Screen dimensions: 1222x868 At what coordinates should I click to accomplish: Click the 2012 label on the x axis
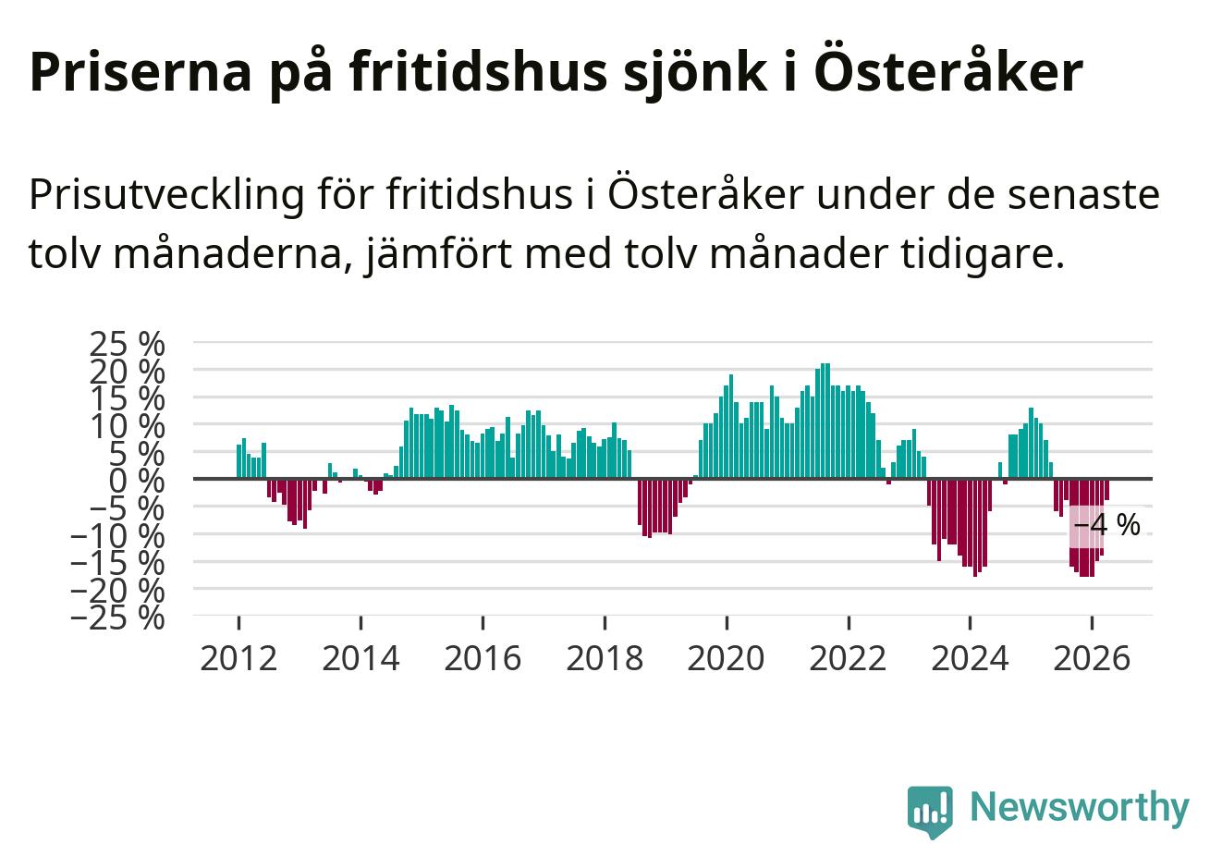point(238,658)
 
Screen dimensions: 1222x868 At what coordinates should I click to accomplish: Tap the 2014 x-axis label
point(360,658)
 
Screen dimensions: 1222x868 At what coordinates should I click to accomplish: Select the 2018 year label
point(605,658)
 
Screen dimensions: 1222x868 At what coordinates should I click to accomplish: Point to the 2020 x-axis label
point(727,658)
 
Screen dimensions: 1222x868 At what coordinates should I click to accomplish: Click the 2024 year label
point(970,658)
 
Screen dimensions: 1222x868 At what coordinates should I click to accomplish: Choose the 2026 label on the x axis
point(1092,658)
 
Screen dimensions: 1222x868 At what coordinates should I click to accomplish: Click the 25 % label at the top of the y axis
point(128,344)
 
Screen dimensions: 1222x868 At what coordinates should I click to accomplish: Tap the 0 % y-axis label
point(137,481)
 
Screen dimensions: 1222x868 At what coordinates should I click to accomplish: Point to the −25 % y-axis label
point(117,618)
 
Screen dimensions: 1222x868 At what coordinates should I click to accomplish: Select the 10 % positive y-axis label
point(128,427)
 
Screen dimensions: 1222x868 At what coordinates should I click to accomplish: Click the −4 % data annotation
point(1106,525)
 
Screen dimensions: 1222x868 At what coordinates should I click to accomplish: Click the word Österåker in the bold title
point(948,72)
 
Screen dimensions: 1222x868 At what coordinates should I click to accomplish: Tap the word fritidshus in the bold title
point(479,72)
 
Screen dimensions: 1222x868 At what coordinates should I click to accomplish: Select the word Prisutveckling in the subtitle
point(167,195)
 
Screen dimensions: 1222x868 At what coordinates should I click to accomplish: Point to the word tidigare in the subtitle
point(982,254)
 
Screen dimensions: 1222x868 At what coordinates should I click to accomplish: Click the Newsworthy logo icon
point(930,812)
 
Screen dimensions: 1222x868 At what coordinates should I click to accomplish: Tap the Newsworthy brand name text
point(1080,807)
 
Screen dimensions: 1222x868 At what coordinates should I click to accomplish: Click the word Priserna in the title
point(141,72)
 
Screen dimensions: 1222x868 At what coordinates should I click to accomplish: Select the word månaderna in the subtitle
point(227,254)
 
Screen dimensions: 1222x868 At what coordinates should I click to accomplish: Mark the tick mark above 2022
point(849,623)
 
